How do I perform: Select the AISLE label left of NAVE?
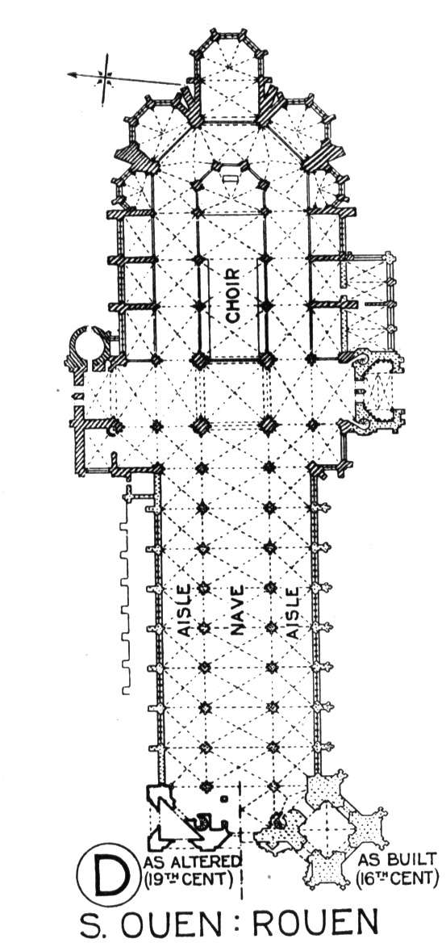coord(185,610)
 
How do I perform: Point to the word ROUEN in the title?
coord(315,925)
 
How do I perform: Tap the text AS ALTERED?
coord(193,861)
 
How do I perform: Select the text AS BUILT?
coord(396,860)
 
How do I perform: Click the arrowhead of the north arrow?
coord(72,75)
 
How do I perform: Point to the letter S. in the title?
coord(92,925)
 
